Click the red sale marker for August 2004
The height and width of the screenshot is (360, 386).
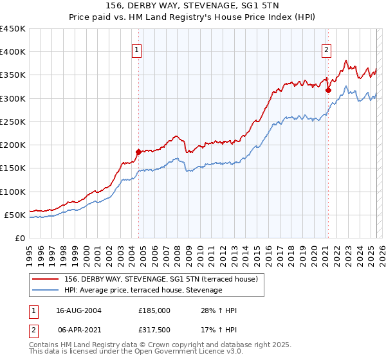point(138,152)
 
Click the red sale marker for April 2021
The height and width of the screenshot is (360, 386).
point(327,91)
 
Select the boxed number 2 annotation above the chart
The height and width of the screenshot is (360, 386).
point(327,50)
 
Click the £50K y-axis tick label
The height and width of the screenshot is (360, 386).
point(15,215)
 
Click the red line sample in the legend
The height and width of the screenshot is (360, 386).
point(46,279)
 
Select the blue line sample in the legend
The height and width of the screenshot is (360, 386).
point(46,291)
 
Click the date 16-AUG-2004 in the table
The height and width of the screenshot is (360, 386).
point(78,310)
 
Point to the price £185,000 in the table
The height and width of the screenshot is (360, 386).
point(154,310)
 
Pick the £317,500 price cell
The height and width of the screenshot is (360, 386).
point(154,330)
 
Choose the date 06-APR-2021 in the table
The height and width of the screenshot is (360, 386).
point(78,330)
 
